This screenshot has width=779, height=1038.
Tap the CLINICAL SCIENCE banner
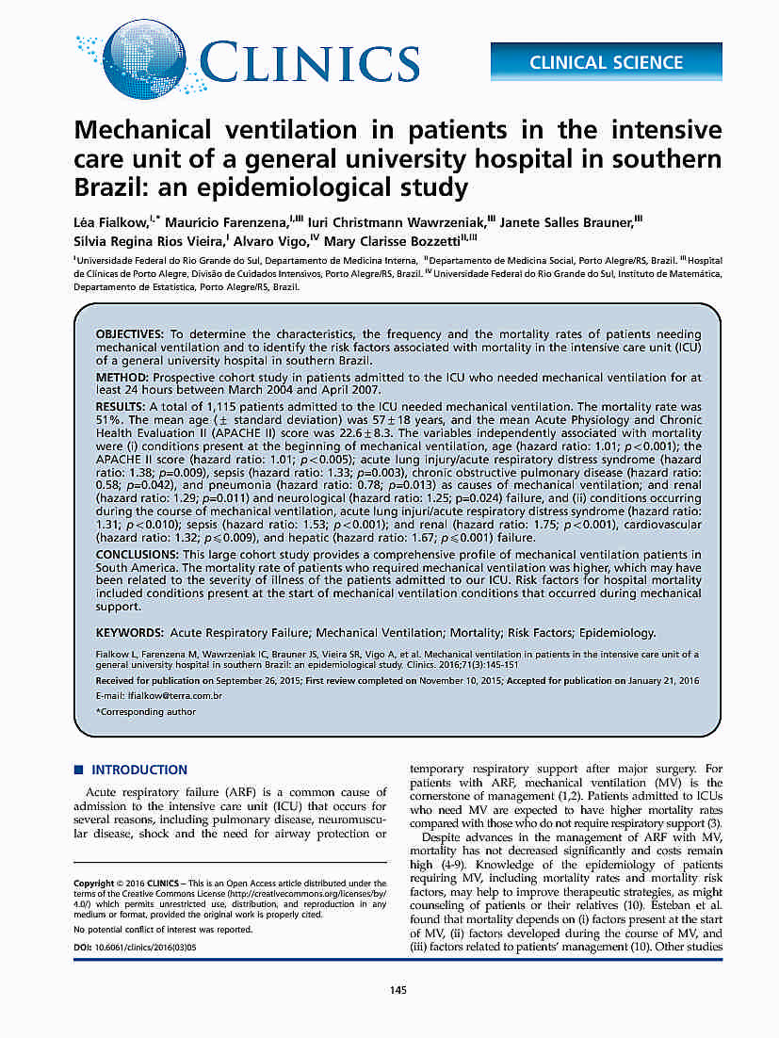point(606,62)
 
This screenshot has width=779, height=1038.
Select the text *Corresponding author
point(146,712)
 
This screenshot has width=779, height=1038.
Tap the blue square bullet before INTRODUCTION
point(79,770)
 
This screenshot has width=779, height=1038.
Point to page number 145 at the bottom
point(398,989)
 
